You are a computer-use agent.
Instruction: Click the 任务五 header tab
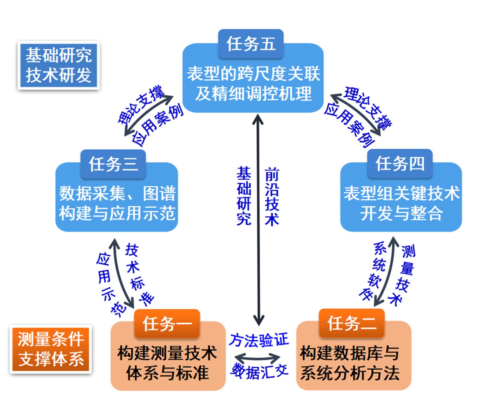pos(251,44)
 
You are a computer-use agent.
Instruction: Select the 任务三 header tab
pos(113,164)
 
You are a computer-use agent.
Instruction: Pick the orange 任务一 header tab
pos(167,324)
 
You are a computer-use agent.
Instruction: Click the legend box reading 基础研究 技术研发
pos(59,65)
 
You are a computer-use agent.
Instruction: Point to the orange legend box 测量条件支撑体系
pos(51,349)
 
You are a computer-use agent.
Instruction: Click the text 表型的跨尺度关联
pos(253,74)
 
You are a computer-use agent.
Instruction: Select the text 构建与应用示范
pos(117,213)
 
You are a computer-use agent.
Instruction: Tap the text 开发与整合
pos(401,213)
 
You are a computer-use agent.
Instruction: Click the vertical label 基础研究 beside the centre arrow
pos(244,196)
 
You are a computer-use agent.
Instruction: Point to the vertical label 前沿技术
pos(272,196)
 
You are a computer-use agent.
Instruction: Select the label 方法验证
pos(259,340)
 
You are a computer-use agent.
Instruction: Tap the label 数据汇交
pos(259,371)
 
